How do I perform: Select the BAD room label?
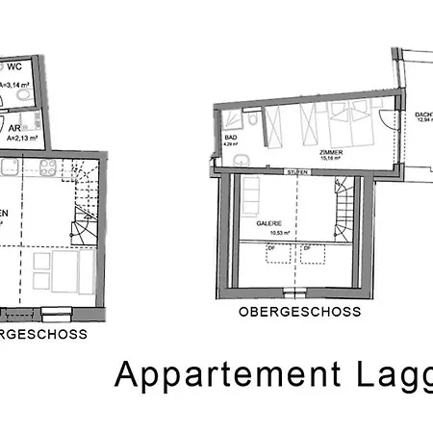(x=232, y=138)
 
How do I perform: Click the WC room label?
(x=15, y=68)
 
